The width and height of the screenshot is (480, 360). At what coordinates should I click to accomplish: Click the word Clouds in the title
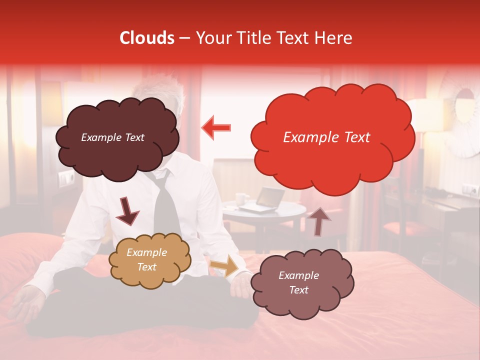coord(147,38)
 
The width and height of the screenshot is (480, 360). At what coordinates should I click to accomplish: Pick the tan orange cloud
coord(149,259)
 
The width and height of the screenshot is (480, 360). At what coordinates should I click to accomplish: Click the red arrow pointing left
coord(216,128)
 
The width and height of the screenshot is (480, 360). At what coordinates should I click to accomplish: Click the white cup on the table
coord(241,200)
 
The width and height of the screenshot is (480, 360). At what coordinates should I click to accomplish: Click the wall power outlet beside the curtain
coord(65,177)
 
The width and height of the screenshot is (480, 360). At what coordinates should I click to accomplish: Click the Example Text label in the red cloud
coord(326,137)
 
